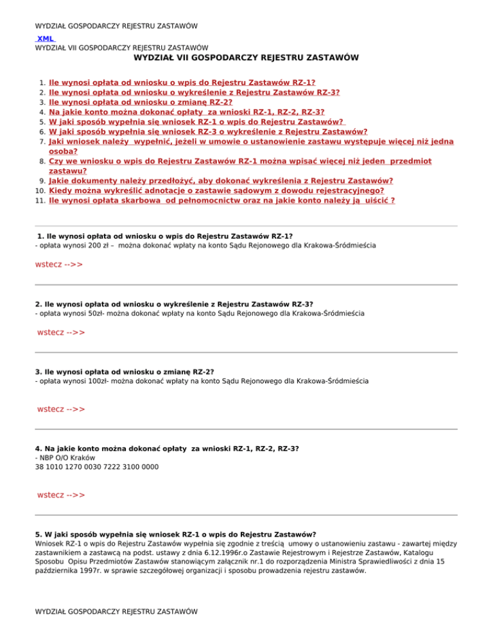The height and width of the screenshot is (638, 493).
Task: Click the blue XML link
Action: [x=45, y=39]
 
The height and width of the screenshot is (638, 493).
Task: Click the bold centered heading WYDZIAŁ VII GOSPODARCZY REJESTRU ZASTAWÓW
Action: [x=246, y=58]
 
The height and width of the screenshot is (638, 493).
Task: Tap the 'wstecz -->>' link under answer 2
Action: [x=61, y=332]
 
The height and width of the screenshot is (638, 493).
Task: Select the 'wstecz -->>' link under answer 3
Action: [x=61, y=409]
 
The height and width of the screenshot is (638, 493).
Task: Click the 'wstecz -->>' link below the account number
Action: [x=61, y=495]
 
